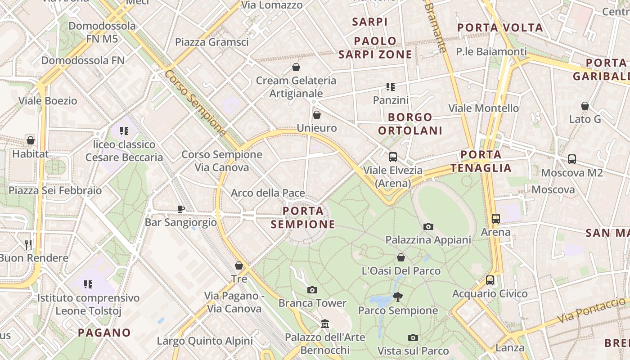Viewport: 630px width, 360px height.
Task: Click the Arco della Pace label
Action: (268, 193)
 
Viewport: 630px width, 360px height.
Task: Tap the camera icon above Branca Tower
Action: (312, 290)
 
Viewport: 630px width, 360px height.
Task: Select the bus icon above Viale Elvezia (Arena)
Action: (393, 157)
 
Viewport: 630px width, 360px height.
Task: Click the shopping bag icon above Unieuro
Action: (317, 115)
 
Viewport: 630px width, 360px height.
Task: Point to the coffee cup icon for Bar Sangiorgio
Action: (180, 209)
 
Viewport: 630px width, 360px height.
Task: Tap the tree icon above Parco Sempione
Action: (397, 297)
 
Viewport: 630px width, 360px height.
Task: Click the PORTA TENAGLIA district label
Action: (481, 162)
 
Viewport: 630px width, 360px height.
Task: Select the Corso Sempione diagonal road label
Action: (195, 103)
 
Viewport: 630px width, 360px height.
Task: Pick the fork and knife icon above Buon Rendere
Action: (28, 244)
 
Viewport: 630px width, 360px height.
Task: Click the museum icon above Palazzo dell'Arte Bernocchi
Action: (325, 324)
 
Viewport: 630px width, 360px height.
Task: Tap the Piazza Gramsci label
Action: (211, 42)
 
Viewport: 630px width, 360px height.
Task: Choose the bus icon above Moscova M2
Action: (571, 159)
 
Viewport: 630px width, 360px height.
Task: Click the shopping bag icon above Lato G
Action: (585, 106)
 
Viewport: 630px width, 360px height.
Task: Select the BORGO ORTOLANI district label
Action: (410, 124)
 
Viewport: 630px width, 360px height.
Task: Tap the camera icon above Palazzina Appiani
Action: (428, 226)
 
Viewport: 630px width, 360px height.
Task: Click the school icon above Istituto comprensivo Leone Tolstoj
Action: (88, 284)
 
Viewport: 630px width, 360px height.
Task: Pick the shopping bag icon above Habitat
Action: (31, 140)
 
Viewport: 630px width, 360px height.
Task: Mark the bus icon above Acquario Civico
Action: (490, 280)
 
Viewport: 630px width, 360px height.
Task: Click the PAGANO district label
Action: (104, 333)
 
